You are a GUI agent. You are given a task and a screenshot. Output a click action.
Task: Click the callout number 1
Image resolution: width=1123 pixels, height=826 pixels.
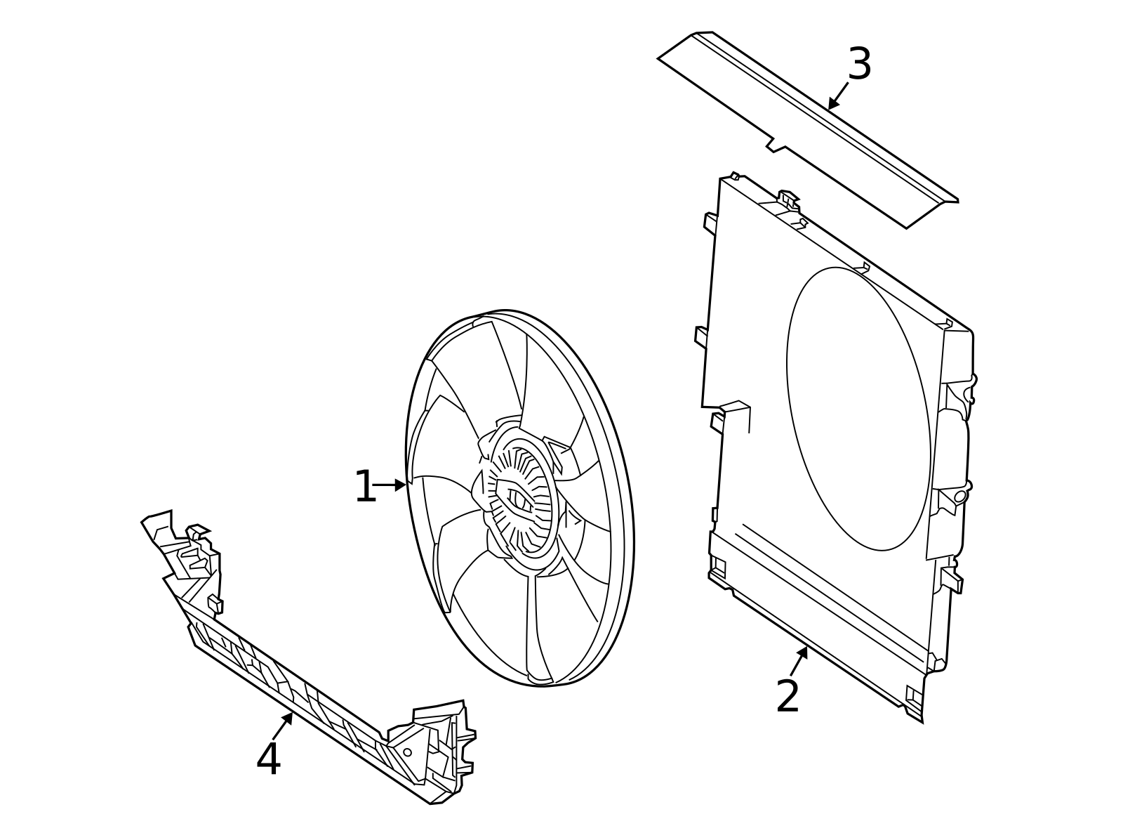click(x=365, y=487)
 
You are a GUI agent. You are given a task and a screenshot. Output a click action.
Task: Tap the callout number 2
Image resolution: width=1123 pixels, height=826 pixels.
click(x=788, y=697)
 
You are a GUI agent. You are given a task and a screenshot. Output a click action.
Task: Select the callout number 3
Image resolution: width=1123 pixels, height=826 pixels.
click(x=859, y=64)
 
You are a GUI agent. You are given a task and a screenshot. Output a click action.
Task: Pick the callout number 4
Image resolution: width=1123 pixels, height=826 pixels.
click(x=268, y=759)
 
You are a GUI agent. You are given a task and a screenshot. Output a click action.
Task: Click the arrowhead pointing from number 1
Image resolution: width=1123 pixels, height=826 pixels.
click(x=401, y=485)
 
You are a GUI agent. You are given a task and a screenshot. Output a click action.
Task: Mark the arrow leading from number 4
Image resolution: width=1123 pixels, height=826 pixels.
click(x=284, y=723)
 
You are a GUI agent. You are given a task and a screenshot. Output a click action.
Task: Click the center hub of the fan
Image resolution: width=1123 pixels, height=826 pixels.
click(x=519, y=498)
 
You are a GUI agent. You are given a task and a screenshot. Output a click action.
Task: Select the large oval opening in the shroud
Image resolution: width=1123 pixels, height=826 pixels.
click(x=858, y=409)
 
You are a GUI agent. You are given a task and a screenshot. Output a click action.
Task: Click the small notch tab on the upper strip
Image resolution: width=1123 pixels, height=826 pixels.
click(x=776, y=145)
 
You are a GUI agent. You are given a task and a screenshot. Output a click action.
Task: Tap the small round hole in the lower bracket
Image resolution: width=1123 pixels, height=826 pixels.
click(x=407, y=752)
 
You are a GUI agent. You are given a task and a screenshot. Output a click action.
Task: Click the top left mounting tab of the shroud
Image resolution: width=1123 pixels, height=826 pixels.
click(x=710, y=223)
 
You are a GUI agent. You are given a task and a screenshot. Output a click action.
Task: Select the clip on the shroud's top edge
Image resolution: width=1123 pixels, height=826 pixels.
click(x=789, y=199)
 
